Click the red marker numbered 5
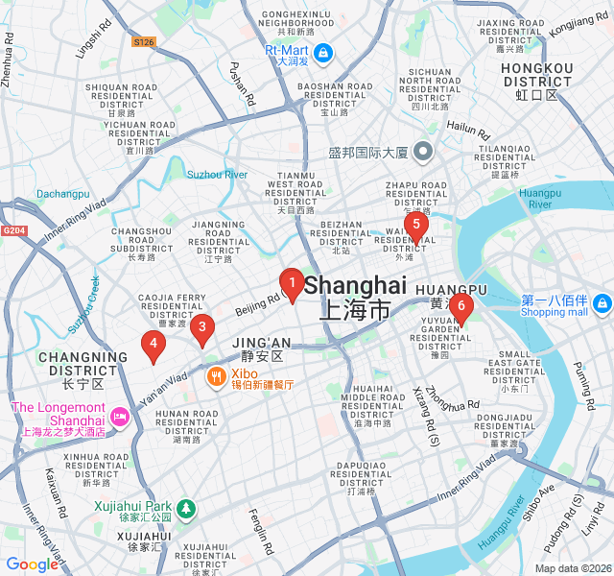click(414, 227)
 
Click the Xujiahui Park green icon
click(186, 508)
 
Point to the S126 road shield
click(144, 42)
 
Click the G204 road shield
click(13, 230)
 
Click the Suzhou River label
click(217, 175)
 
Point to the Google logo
click(33, 564)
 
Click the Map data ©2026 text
click(572, 568)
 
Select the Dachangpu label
click(62, 194)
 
